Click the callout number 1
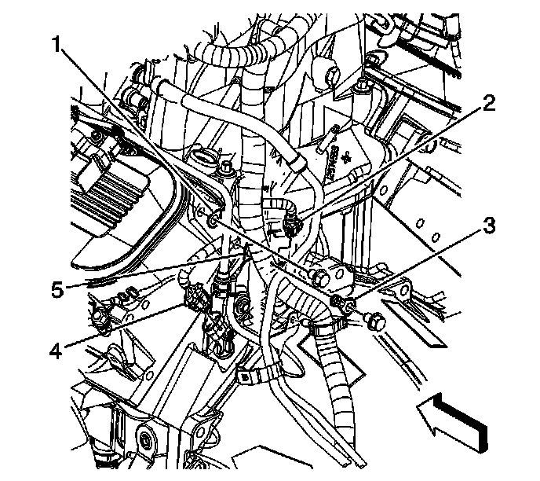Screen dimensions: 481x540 (57, 46)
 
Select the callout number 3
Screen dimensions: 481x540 (489, 228)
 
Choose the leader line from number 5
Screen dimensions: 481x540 (149, 271)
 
